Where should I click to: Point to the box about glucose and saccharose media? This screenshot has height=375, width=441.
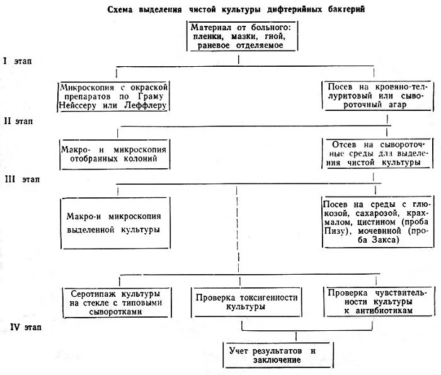(377, 222)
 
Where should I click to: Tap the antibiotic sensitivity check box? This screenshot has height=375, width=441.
(377, 303)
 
